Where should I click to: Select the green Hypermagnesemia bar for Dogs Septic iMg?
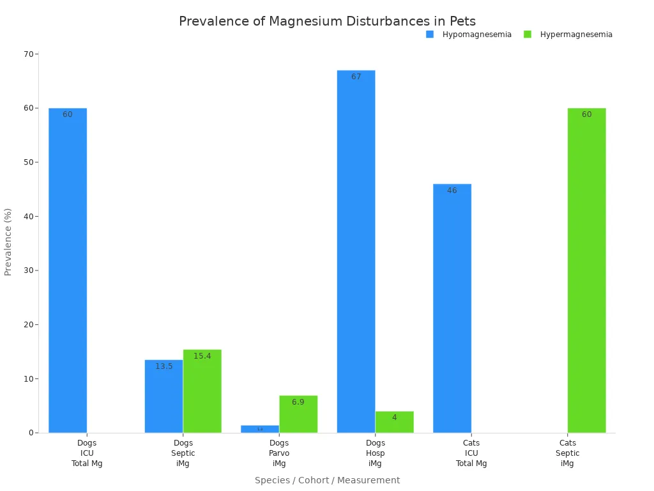(x=202, y=391)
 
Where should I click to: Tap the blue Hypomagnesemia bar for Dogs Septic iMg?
(x=163, y=396)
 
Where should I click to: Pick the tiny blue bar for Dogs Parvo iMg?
(x=260, y=429)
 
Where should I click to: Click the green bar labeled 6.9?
(x=298, y=414)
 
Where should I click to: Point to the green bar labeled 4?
(x=394, y=422)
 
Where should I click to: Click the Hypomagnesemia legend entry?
(x=469, y=35)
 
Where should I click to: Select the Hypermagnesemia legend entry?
(x=568, y=35)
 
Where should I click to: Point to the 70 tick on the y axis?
(x=29, y=54)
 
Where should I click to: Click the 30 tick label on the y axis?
(x=29, y=270)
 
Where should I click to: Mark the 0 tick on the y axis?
(x=31, y=433)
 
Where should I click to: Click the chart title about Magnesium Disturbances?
(x=327, y=21)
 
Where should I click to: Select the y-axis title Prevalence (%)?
(x=8, y=242)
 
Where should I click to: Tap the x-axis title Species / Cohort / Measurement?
(x=327, y=480)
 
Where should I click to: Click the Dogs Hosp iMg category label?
(x=375, y=453)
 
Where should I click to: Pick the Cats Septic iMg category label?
(x=567, y=453)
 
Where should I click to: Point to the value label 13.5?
(x=163, y=366)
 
